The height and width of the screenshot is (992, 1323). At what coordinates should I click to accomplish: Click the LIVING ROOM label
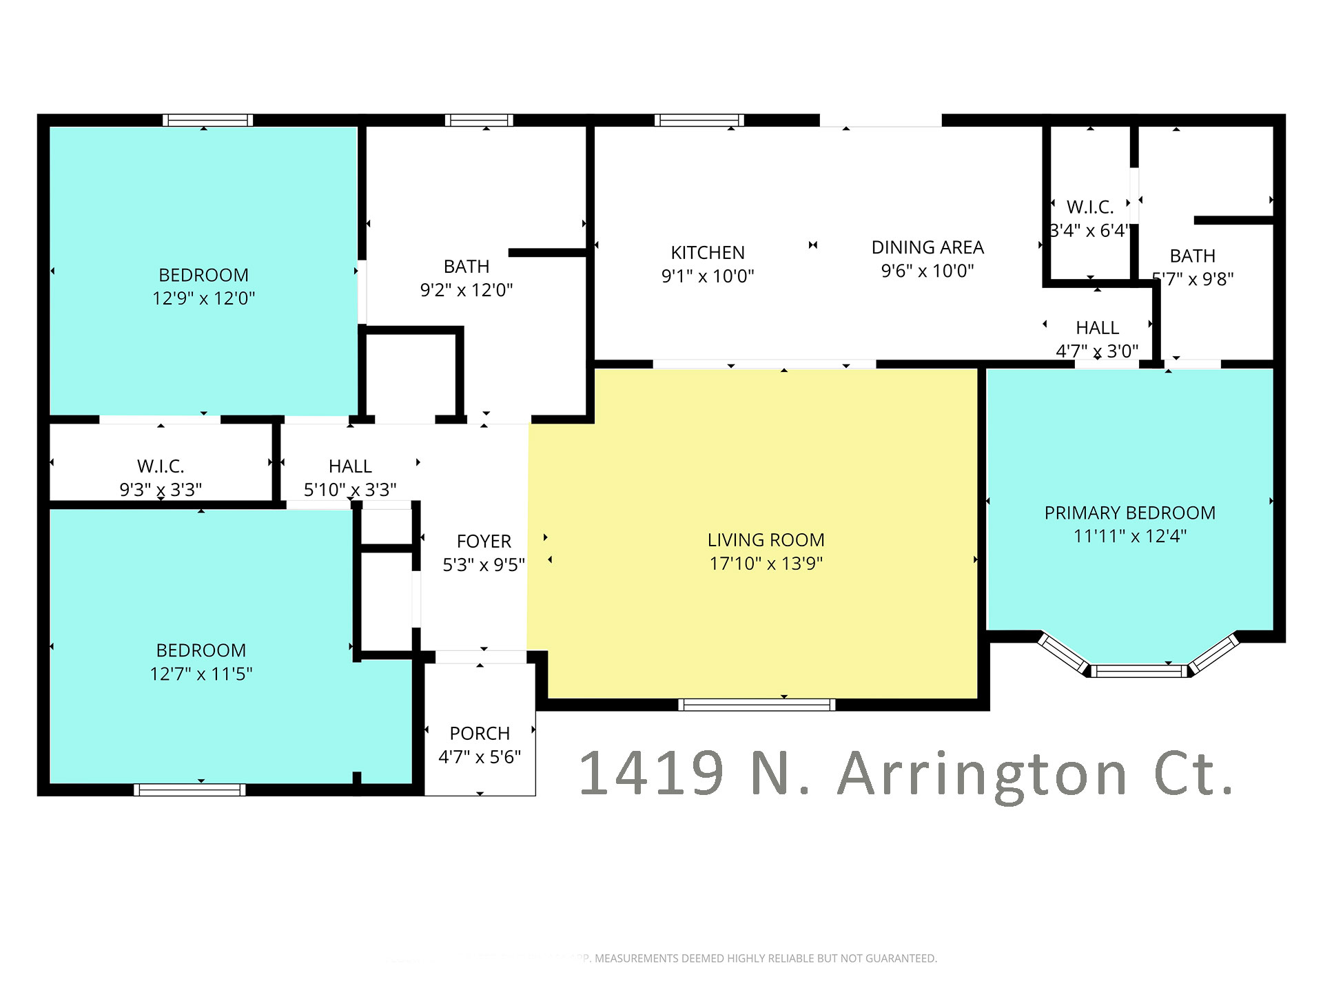pos(766,540)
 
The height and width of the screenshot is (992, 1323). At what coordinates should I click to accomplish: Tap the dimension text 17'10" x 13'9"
pos(766,564)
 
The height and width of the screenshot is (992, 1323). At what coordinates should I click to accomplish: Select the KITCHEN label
pos(708,253)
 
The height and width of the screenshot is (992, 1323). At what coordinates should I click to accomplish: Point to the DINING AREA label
pos(927,247)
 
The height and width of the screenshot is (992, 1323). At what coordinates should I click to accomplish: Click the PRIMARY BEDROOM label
pos(1129,513)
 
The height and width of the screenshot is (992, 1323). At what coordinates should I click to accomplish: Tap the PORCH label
pos(480,734)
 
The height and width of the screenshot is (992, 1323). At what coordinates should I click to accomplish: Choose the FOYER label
pos(484,541)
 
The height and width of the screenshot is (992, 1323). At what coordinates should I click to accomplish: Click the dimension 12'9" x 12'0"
pos(203,298)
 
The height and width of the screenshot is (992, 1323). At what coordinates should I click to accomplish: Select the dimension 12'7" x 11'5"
pos(201,674)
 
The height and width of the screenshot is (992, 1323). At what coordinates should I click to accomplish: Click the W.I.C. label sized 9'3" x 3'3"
pos(161,466)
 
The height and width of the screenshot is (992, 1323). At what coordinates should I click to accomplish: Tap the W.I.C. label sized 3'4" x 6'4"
pos(1089,207)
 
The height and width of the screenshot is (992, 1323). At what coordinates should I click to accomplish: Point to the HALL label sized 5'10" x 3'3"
pos(350,466)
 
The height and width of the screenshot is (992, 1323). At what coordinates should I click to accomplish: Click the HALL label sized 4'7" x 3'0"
pos(1097,328)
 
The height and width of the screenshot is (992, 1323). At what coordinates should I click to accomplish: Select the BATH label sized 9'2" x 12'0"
pos(466,267)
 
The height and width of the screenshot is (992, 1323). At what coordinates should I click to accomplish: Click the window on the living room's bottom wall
pos(757,704)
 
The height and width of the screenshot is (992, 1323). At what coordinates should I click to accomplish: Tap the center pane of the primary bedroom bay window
pos(1139,670)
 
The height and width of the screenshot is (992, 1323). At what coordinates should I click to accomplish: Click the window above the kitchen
pos(699,121)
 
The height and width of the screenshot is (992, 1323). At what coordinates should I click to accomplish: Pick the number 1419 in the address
pos(651,773)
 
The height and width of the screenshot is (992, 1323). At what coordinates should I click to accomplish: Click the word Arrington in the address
pos(983,775)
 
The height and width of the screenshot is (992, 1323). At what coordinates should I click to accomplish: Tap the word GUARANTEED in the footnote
pos(901,958)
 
